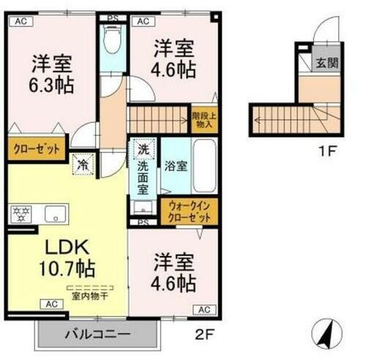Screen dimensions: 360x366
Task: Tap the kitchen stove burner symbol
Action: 20,214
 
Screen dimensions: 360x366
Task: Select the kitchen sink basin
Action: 54,214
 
